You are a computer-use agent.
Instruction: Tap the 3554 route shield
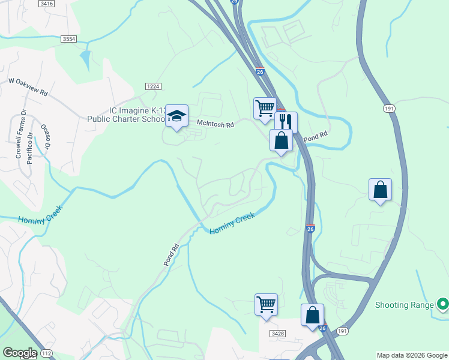point(69,39)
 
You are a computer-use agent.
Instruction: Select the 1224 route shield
point(153,86)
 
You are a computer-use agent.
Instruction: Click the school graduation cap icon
point(176,116)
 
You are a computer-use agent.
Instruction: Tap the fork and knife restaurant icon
point(286,121)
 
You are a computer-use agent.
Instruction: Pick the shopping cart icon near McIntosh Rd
point(265,109)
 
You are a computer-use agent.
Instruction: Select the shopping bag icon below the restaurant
point(282,141)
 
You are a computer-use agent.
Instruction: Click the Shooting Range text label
point(404,305)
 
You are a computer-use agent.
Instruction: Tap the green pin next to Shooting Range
point(442,305)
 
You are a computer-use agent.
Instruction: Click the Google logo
point(19,353)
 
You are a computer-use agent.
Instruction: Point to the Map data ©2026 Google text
point(412,355)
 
